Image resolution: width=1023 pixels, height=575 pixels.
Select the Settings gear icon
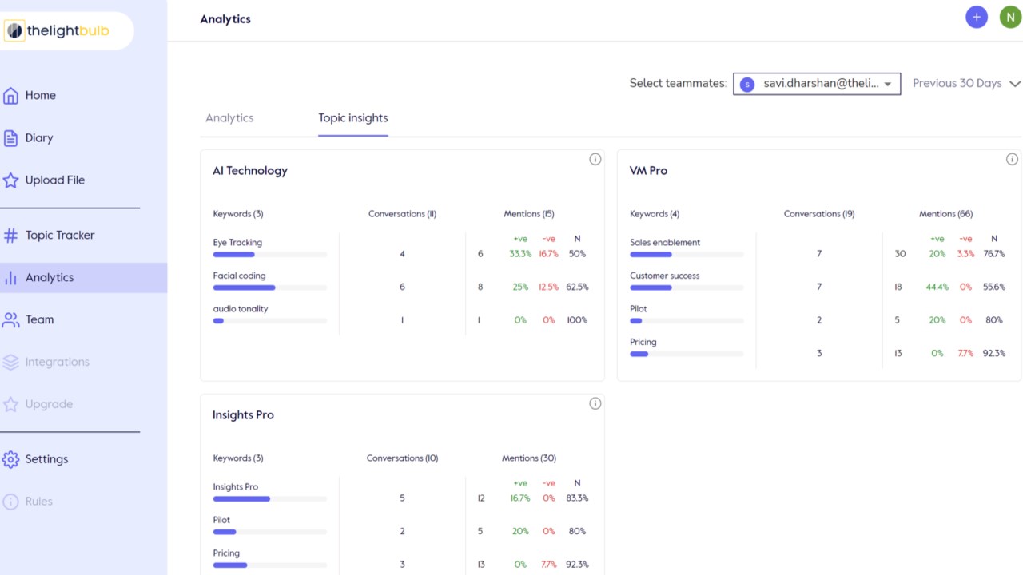coord(10,459)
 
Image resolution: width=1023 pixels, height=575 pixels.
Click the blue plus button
coord(977,18)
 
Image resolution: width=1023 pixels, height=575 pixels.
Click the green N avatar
coord(1010,18)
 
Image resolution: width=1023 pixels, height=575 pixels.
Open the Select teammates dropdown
coord(817,84)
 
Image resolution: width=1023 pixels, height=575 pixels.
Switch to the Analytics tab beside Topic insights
coord(229,118)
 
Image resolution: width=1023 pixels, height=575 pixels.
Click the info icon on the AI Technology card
coord(595,159)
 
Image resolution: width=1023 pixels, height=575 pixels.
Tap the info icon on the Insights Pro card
coord(595,403)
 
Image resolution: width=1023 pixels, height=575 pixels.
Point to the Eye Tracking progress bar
coord(270,255)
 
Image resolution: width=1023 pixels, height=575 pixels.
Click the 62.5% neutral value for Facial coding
coord(577,287)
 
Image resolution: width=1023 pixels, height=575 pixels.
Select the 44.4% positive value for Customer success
coord(937,287)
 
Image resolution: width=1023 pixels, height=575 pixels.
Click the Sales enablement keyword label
coord(664,242)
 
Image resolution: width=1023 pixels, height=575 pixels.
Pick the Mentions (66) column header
coord(945,213)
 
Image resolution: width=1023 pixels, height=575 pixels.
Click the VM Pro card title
coord(648,171)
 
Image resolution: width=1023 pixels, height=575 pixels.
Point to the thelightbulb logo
coord(58,30)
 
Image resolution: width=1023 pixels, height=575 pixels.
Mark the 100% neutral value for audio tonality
coord(577,320)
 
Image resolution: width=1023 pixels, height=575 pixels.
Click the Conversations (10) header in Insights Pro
coord(402,458)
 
